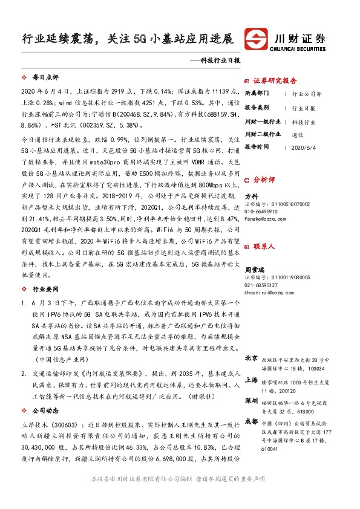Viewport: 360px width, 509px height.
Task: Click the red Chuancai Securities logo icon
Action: point(257,39)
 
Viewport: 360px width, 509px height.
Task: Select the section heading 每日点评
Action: point(44,78)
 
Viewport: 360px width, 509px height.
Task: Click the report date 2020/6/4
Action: point(304,147)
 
